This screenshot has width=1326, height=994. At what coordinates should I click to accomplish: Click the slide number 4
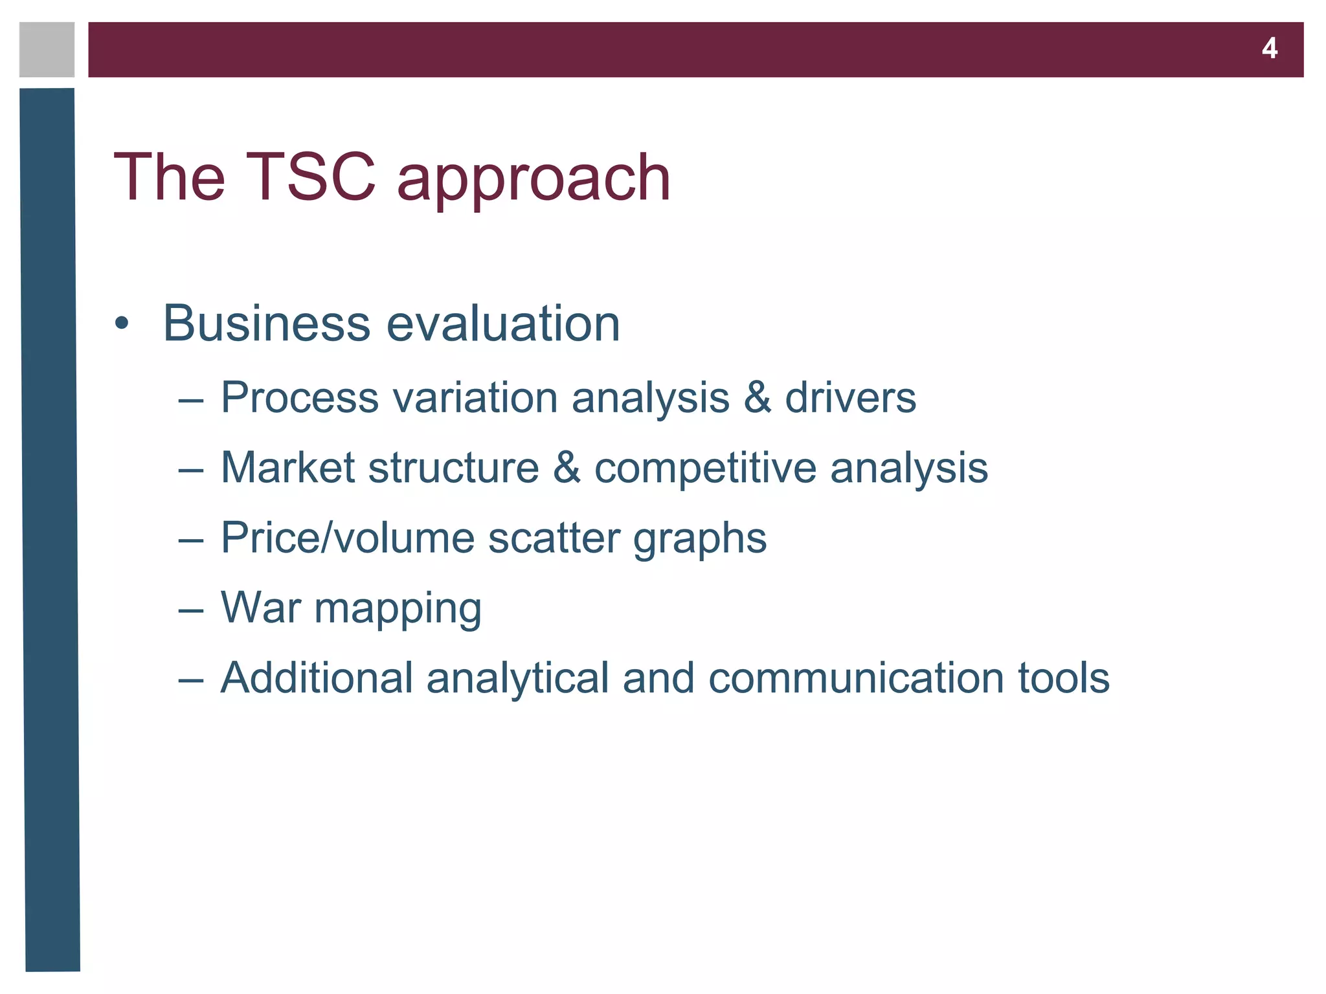point(1269,49)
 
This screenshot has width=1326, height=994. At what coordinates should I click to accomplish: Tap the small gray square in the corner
point(47,50)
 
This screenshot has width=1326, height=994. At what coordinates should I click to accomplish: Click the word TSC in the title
point(311,177)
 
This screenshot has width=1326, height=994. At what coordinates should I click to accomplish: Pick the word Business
point(266,323)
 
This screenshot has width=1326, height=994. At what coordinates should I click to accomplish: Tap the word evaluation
point(503,323)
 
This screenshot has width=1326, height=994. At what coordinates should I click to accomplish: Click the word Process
point(299,397)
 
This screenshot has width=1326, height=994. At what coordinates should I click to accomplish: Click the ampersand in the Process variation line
point(758,397)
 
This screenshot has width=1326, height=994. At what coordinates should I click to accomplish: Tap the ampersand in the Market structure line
point(567,467)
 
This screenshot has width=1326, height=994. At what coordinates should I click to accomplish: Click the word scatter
point(554,538)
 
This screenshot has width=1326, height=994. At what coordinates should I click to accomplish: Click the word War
point(261,608)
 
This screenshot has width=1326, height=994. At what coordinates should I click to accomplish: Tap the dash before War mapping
point(191,610)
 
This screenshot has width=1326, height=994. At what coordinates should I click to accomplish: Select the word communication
point(855,678)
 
